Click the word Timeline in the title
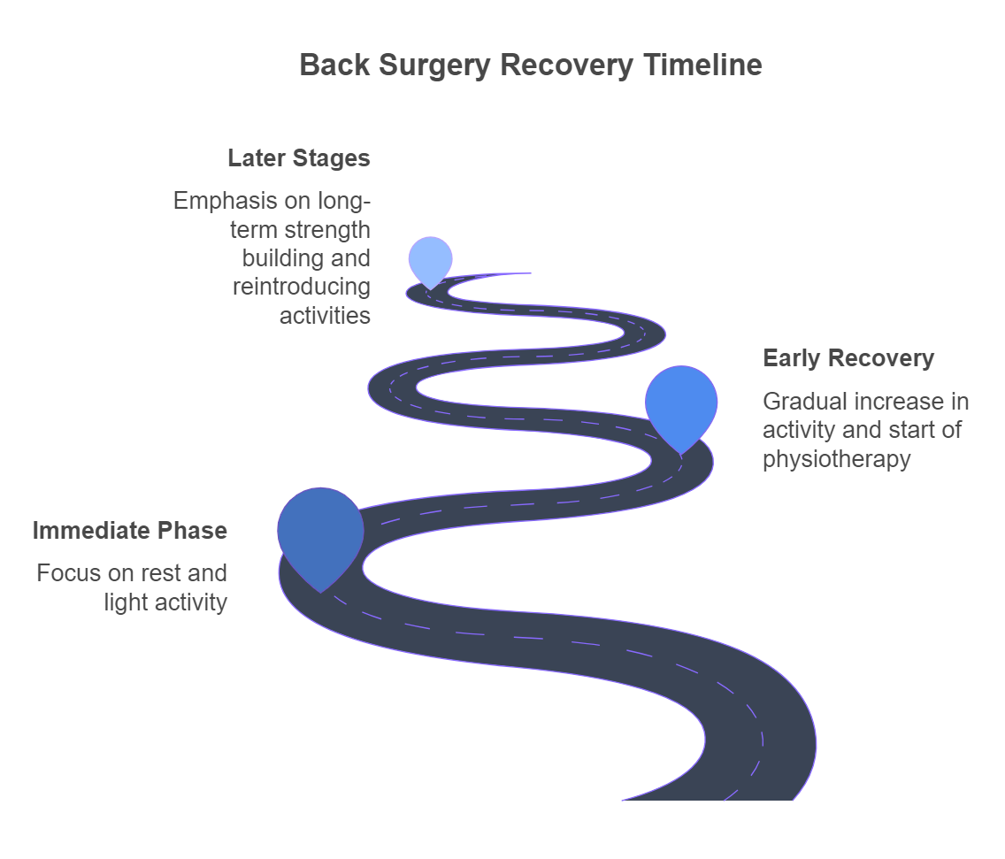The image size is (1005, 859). click(x=702, y=65)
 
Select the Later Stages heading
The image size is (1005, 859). click(x=298, y=158)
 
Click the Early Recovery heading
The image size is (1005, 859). click(x=848, y=358)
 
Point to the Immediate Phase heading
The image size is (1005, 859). click(x=129, y=531)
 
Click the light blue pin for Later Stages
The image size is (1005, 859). click(x=430, y=258)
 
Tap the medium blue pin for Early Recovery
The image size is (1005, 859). click(x=680, y=402)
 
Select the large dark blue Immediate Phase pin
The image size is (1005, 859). click(x=320, y=531)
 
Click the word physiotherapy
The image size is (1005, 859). click(x=836, y=459)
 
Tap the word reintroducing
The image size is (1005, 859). click(x=301, y=287)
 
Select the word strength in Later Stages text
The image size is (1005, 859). click(x=327, y=230)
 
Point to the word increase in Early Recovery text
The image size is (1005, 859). click(x=892, y=402)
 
